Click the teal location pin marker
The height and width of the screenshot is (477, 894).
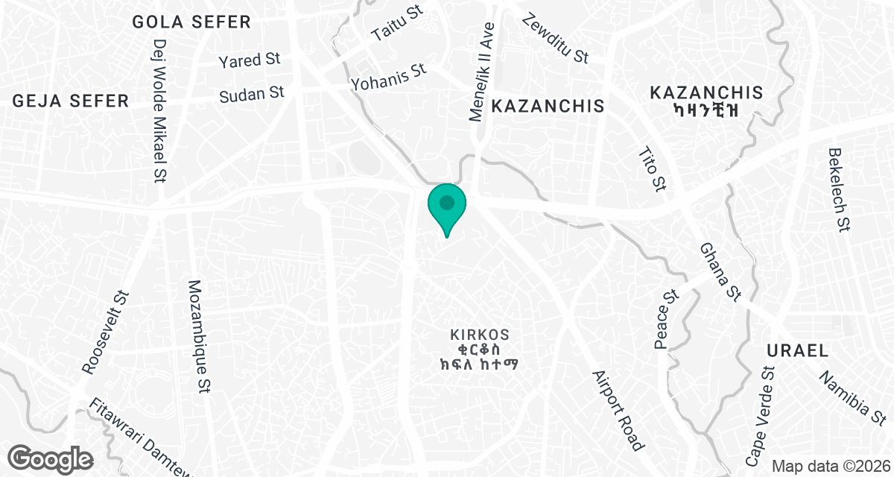pyautogui.click(x=447, y=205)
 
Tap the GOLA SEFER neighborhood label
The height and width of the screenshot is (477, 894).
pyautogui.click(x=191, y=22)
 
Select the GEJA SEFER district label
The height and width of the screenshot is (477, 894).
pyautogui.click(x=71, y=101)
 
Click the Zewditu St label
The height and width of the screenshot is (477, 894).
pyautogui.click(x=556, y=38)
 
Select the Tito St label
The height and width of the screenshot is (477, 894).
pyautogui.click(x=652, y=169)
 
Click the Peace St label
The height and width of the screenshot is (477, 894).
pyautogui.click(x=665, y=319)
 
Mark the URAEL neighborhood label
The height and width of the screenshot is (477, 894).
pyautogui.click(x=797, y=350)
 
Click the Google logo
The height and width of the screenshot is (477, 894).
pyautogui.click(x=51, y=457)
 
